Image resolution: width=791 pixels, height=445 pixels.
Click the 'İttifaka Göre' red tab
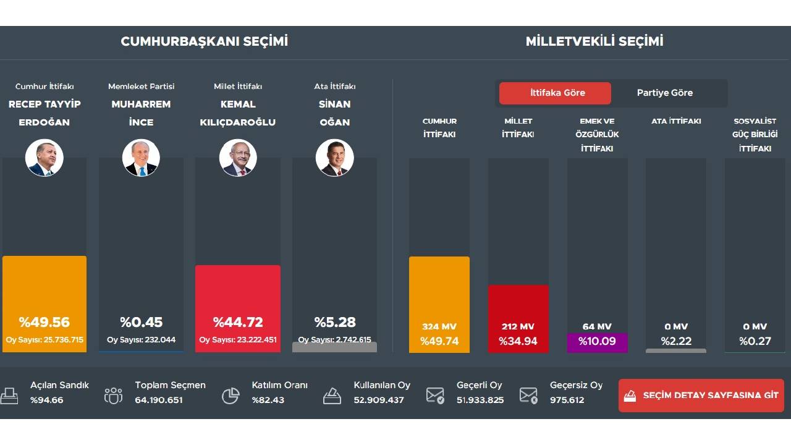(555, 93)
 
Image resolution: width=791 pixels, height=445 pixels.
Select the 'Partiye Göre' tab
(665, 93)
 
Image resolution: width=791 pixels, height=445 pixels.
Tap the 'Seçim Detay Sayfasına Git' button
(701, 396)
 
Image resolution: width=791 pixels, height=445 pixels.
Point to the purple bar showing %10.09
(597, 342)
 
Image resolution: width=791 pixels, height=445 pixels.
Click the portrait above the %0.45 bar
(141, 158)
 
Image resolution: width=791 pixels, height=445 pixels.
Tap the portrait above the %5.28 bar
(334, 158)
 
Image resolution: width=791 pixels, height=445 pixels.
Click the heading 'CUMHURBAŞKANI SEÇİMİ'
(205, 41)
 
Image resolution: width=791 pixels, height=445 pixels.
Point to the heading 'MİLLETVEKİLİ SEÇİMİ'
(594, 41)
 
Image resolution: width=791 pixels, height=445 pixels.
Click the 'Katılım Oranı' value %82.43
(268, 400)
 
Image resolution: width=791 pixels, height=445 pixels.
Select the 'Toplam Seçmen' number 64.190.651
(159, 400)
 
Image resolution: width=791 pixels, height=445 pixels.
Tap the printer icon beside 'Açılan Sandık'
(9, 395)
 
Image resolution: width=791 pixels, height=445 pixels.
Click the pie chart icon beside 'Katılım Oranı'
(231, 396)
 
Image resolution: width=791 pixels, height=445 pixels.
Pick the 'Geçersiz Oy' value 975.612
(567, 400)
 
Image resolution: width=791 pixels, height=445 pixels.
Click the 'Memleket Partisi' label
(141, 87)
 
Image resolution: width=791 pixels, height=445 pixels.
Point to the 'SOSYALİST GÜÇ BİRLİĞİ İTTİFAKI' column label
(755, 135)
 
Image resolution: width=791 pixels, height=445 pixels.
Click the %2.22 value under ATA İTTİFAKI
(676, 341)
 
